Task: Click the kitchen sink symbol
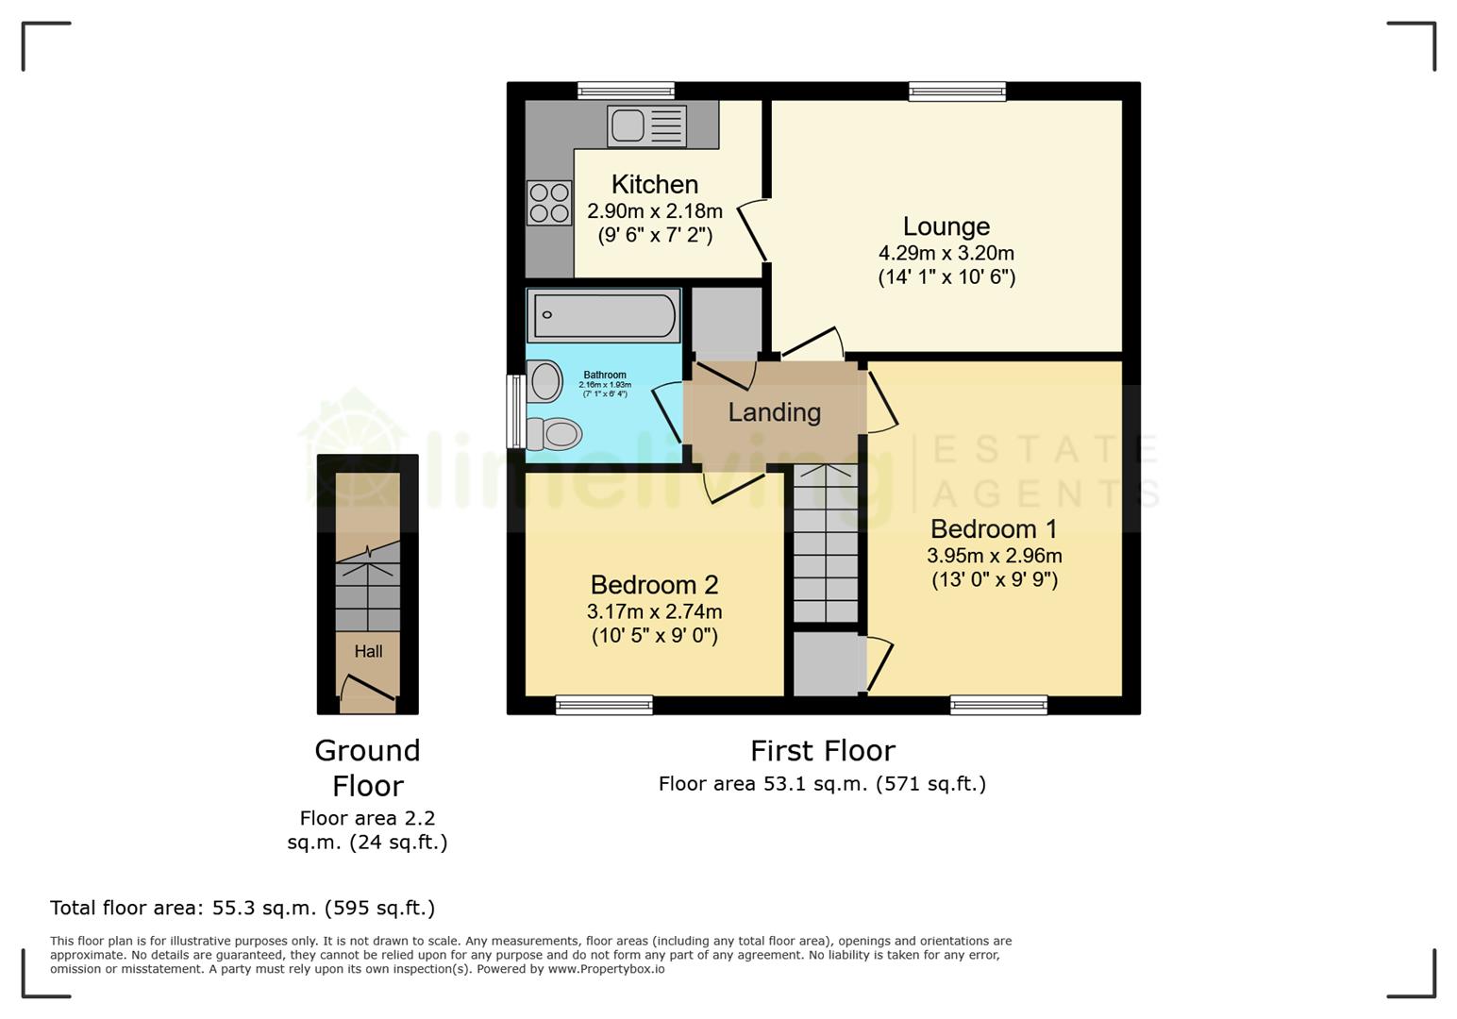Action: point(646,125)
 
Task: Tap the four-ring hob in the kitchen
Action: point(549,203)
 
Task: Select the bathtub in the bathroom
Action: point(604,315)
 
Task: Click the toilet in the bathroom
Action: point(554,434)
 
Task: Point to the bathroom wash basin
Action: point(545,383)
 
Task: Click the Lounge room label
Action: point(946,226)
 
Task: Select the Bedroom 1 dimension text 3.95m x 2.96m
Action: point(994,556)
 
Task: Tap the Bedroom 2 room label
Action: point(654,585)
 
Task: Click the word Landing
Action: point(774,412)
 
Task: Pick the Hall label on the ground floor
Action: point(368,651)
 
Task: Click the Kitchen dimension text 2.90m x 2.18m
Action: point(654,211)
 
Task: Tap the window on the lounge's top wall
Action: point(957,92)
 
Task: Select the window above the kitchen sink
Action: point(626,92)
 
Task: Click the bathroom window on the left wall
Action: point(515,411)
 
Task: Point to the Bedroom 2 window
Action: point(604,705)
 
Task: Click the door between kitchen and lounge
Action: point(753,229)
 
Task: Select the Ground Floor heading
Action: point(367,767)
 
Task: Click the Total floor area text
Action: point(243,908)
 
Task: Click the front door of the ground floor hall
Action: point(367,693)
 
